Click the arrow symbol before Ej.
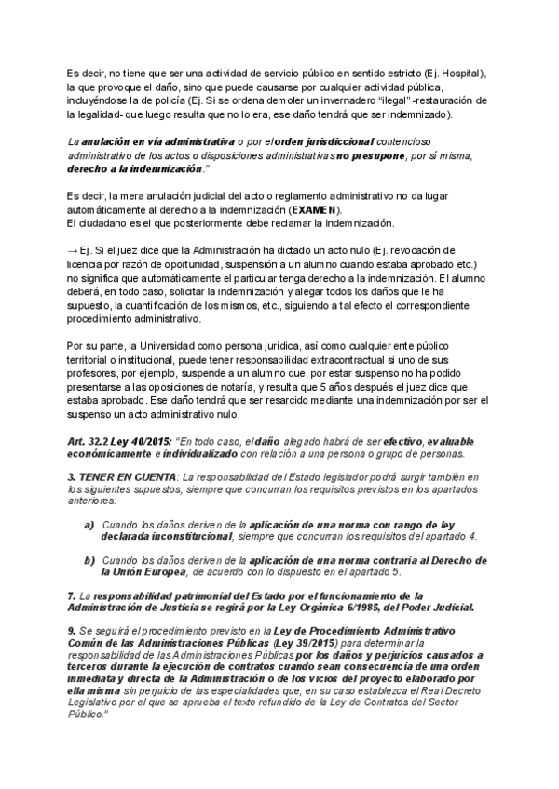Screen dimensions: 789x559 [x=73, y=251]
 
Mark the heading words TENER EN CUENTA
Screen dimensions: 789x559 [x=113, y=477]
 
